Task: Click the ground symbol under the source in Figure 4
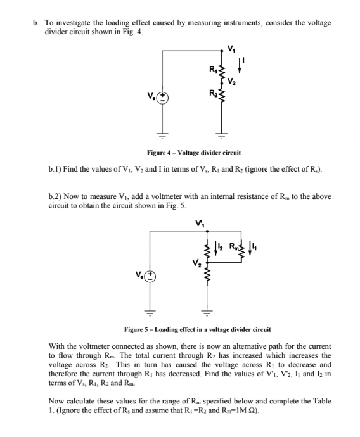163,136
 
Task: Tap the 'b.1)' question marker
55,170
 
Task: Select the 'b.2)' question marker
55,196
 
